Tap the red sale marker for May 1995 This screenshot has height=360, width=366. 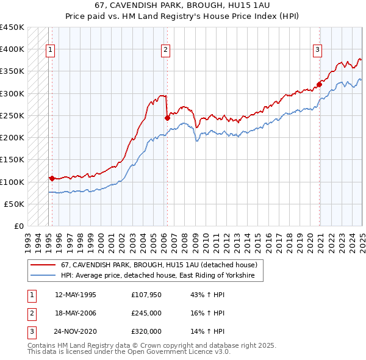pos(52,179)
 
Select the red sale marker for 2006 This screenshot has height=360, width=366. pos(167,118)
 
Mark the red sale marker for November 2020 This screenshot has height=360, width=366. pos(319,85)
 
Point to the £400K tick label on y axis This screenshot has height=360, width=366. pos(12,49)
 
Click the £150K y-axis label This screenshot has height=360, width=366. pos(12,160)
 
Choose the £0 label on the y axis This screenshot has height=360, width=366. pos(18,226)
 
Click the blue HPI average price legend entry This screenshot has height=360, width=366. pos(161,276)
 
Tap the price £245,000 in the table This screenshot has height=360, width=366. pos(146,313)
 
